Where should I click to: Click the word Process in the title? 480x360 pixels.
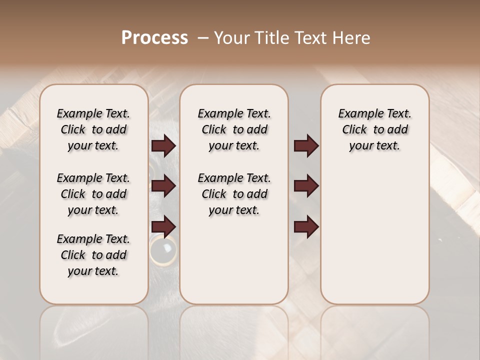154,38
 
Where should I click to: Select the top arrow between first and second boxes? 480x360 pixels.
163,146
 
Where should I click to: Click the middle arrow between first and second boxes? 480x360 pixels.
163,186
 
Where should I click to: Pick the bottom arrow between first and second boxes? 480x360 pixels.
163,226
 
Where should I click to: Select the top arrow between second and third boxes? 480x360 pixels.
306,146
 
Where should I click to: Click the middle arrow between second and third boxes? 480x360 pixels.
306,186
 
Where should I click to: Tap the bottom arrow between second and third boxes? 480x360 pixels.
306,226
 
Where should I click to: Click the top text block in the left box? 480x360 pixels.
93,129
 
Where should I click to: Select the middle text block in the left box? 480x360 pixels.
93,194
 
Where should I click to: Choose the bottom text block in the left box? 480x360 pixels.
93,255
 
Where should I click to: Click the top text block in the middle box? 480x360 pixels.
234,129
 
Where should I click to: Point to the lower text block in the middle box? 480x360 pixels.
234,194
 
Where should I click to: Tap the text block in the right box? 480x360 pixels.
374,129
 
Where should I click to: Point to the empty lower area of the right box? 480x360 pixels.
374,240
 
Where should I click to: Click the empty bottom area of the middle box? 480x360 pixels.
234,265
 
